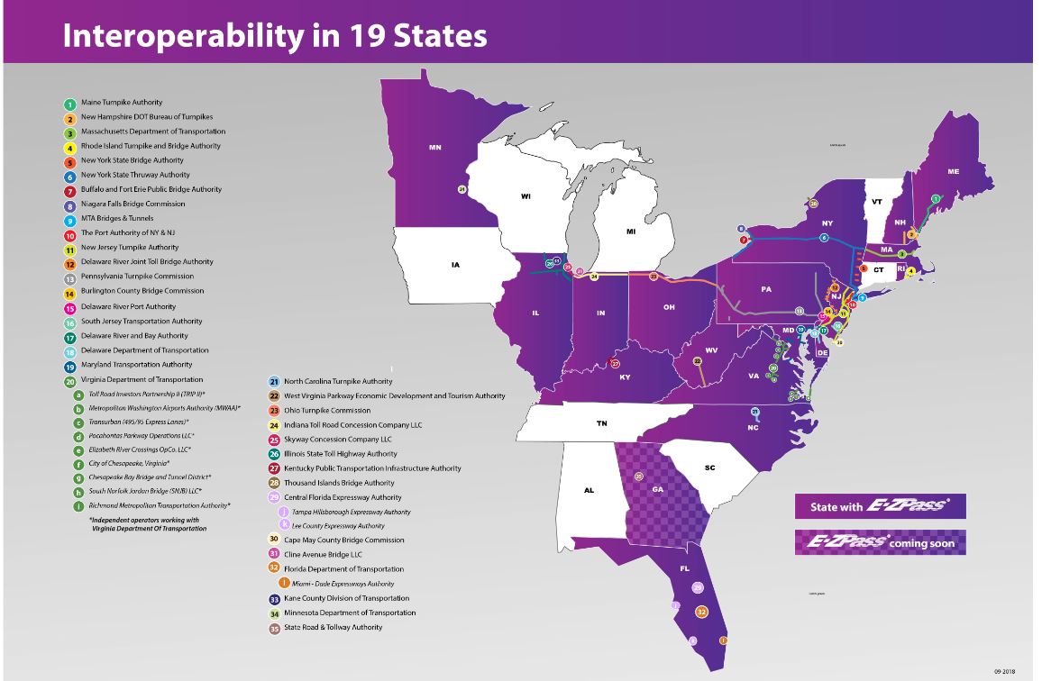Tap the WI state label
526,195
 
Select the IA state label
455,265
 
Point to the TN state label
601,422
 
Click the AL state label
589,490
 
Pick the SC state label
709,468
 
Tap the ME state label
953,171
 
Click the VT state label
876,201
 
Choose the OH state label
669,307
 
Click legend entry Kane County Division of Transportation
346,598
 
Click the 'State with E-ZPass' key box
880,505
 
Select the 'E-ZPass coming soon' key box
880,541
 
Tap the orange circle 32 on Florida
702,612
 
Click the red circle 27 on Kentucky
616,364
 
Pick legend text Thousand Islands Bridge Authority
339,483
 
